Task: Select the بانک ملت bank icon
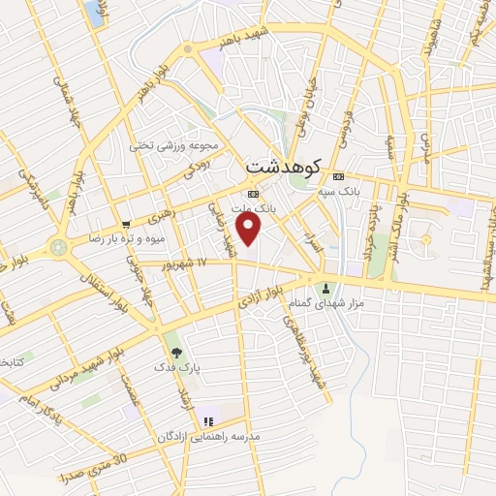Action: (x=253, y=193)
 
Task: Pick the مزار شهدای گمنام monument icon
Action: (x=325, y=287)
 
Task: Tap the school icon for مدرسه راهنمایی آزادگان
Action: (x=207, y=421)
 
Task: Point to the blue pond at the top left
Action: (x=94, y=12)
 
